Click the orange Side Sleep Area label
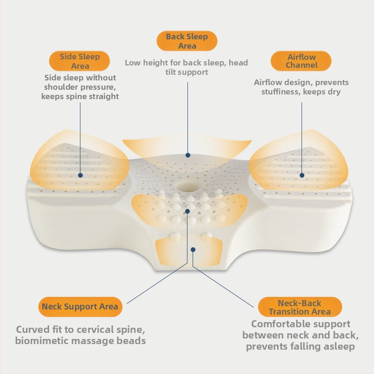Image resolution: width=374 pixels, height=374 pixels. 79,61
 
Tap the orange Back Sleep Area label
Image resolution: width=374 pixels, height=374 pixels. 187,41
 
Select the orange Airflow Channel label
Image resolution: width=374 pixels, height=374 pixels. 301,61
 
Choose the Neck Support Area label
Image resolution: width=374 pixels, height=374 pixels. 80,307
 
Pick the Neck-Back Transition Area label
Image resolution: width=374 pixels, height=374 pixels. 300,307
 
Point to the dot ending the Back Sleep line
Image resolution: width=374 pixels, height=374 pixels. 188,155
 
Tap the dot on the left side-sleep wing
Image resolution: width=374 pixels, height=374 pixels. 80,175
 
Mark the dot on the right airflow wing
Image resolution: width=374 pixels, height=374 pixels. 302,175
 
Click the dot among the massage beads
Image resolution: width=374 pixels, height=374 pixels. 187,211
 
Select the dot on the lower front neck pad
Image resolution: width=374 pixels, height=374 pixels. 193,249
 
